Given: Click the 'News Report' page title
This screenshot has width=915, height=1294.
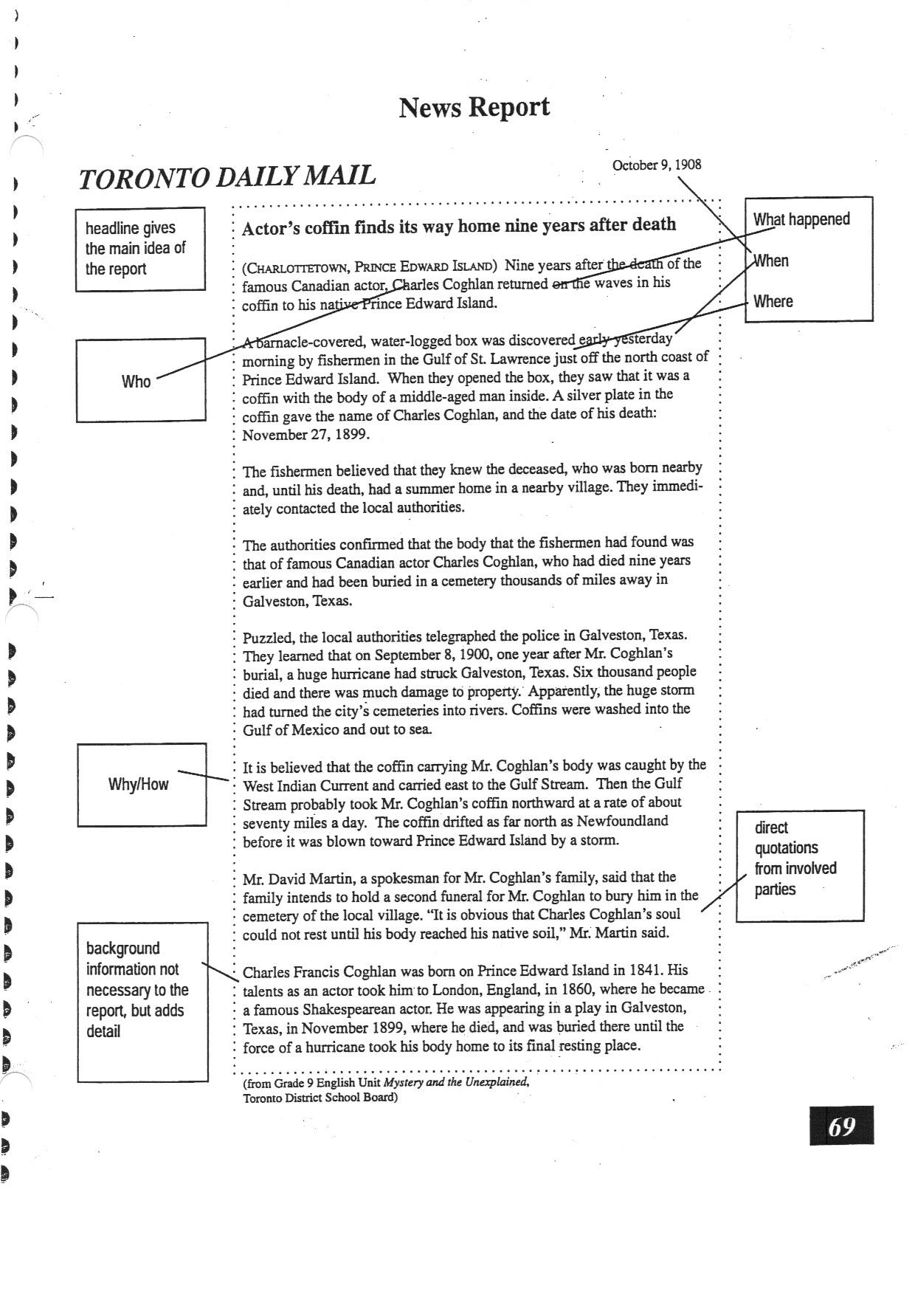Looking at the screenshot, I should [474, 108].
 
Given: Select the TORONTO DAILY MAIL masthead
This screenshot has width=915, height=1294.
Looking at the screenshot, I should [227, 177].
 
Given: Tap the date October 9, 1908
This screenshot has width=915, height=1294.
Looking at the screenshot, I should [656, 165].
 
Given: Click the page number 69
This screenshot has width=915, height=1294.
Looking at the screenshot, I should [841, 1126].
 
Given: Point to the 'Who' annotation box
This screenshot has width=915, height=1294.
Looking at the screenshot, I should [140, 380].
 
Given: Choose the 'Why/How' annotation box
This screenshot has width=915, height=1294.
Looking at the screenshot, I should [141, 784].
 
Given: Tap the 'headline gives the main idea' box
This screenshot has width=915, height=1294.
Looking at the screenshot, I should [139, 249].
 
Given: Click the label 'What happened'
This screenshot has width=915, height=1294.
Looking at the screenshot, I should [801, 219].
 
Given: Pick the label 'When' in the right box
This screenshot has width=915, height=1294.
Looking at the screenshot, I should [771, 261].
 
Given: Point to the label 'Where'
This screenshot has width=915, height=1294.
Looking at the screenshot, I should [773, 301].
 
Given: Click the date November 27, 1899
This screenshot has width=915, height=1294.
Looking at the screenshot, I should [305, 435].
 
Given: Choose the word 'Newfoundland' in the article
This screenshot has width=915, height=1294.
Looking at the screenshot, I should [621, 821].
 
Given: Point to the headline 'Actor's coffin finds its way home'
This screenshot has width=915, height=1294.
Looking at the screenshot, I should [458, 226].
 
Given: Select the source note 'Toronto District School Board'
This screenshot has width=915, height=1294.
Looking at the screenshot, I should [320, 1098].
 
